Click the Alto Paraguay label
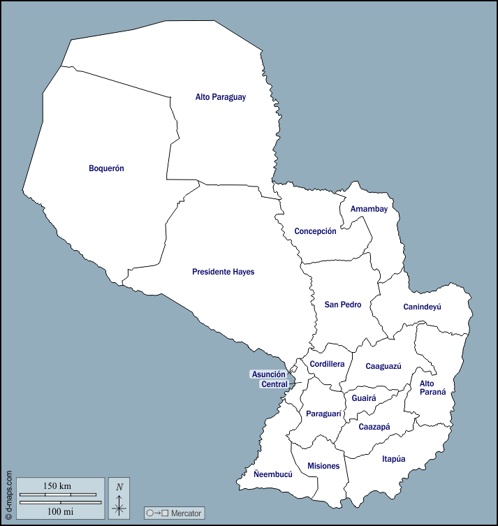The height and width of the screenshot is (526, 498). click(220, 97)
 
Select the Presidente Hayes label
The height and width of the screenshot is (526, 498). click(223, 272)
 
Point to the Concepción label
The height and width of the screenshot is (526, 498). click(315, 231)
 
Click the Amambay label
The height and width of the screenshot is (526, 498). click(369, 209)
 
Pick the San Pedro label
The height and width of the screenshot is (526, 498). click(343, 305)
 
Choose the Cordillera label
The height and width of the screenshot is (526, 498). click(328, 364)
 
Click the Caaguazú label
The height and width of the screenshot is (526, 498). click(383, 366)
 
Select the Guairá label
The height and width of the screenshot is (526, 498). click(364, 398)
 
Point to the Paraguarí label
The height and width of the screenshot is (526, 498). click(323, 414)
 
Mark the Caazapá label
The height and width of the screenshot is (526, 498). click(374, 427)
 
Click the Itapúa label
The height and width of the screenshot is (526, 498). click(393, 459)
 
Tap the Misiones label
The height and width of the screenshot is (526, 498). click(323, 466)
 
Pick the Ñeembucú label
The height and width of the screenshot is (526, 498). click(273, 474)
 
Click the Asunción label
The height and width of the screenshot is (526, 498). click(269, 374)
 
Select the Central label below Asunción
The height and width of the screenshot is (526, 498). click(274, 384)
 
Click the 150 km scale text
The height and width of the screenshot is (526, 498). click(57, 485)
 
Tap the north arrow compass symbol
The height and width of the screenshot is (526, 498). click(119, 502)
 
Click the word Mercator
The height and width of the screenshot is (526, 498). click(186, 513)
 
